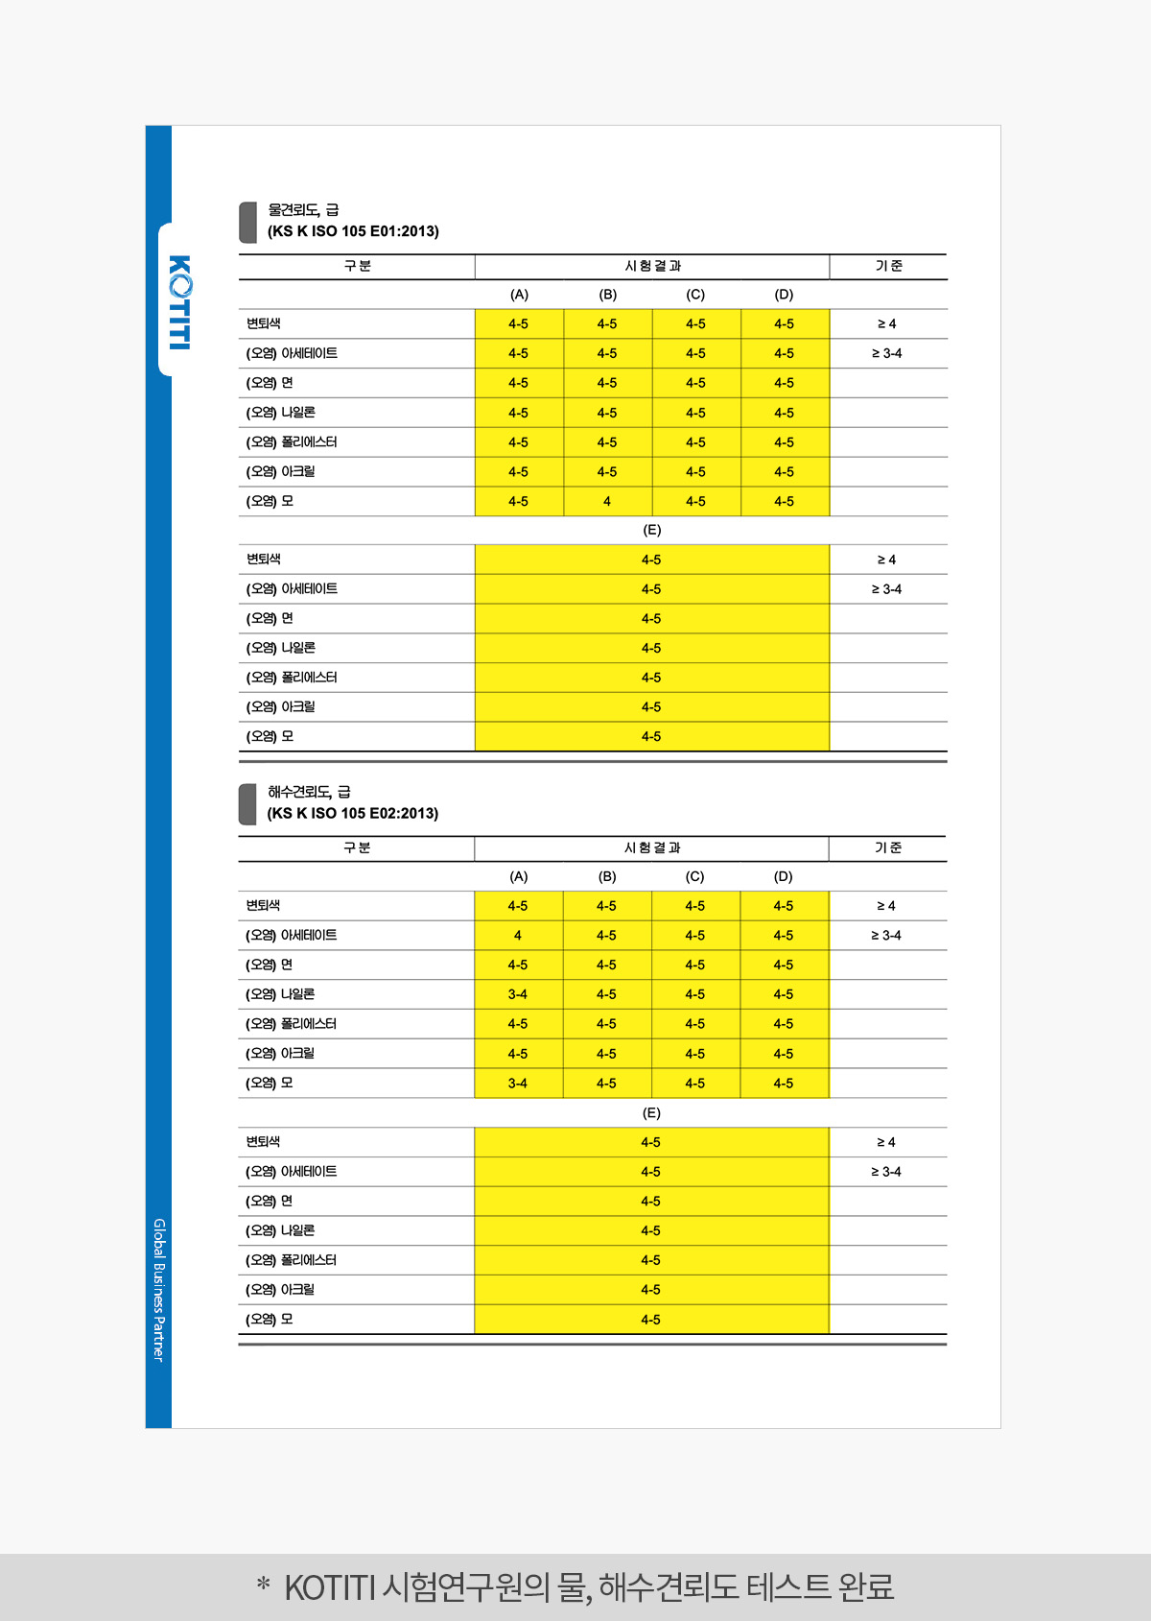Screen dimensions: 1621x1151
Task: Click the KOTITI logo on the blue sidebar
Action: (x=179, y=302)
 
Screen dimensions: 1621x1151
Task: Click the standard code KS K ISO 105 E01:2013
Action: (x=353, y=231)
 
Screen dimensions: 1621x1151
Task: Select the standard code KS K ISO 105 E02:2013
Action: (x=353, y=814)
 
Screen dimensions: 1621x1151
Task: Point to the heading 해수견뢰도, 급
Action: (x=309, y=792)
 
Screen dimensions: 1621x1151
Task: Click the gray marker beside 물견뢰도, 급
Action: (x=247, y=222)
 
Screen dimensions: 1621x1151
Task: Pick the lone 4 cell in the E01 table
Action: (x=607, y=501)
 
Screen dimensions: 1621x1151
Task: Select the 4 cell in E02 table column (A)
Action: (x=518, y=936)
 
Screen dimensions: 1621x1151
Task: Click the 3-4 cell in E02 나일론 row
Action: (x=518, y=994)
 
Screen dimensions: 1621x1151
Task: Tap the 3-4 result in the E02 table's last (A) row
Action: (x=518, y=1084)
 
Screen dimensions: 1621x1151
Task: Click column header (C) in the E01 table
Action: (x=695, y=295)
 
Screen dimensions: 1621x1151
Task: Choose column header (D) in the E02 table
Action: (x=784, y=876)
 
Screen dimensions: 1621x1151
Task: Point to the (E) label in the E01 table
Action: (x=651, y=530)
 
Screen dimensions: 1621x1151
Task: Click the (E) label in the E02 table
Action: (x=651, y=1113)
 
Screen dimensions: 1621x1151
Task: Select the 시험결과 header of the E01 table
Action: (x=652, y=266)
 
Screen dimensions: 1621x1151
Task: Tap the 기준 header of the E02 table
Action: (x=888, y=847)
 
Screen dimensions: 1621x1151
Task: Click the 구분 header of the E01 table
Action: (x=357, y=266)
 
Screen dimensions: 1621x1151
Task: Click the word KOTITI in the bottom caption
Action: (x=329, y=1588)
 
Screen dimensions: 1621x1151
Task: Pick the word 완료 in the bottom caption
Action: (x=865, y=1588)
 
